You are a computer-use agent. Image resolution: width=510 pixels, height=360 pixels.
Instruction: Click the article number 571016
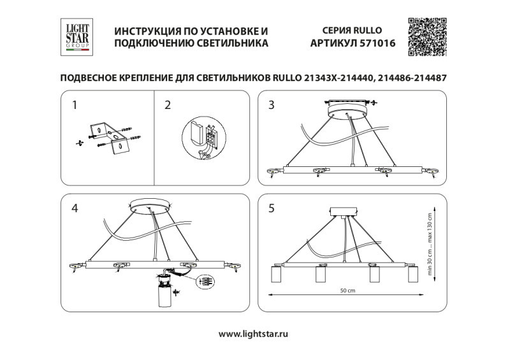click(372, 43)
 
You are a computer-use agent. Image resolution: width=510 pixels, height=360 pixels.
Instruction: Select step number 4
click(75, 208)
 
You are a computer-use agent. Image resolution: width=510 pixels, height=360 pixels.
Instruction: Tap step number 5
click(272, 208)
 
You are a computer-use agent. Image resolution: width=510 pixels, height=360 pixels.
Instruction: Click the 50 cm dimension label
click(347, 291)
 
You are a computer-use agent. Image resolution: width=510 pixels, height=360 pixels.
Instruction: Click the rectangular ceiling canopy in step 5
click(344, 212)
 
